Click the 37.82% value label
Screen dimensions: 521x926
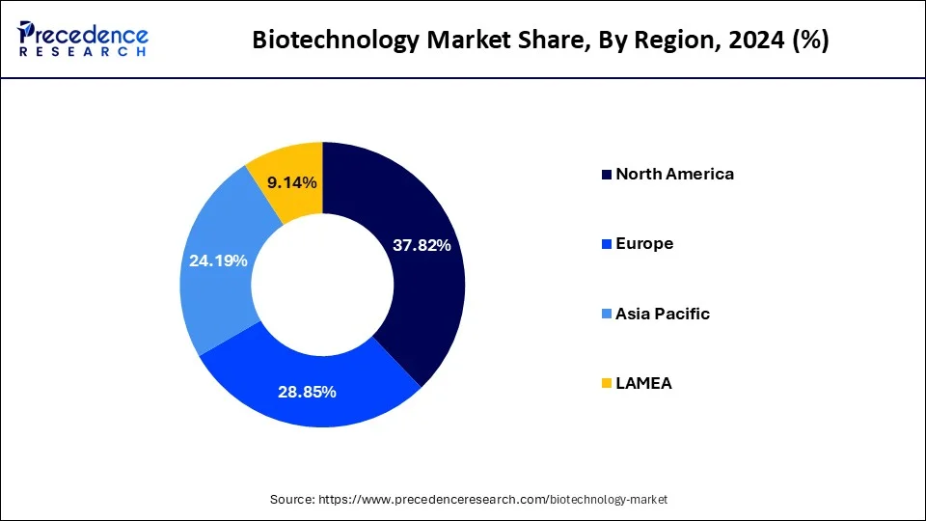point(422,245)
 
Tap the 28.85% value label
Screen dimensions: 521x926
point(307,392)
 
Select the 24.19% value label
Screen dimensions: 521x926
point(218,260)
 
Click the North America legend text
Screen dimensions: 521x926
point(674,174)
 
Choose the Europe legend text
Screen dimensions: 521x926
point(644,244)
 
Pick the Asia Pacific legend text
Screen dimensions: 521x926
point(663,314)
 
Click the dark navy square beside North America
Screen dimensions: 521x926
point(606,175)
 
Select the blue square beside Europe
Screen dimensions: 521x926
point(606,245)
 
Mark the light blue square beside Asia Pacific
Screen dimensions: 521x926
point(606,315)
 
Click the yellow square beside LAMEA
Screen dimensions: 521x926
point(606,384)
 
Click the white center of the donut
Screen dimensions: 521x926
point(322,285)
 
